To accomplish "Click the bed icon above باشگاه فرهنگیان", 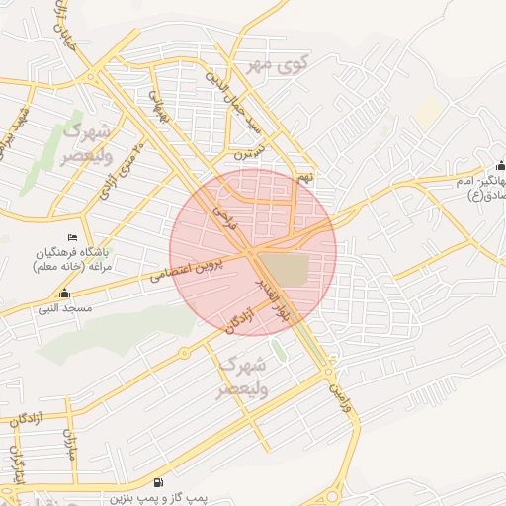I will coord(71,238).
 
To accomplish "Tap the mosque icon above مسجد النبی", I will coord(65,293).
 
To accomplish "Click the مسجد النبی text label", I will coord(65,308).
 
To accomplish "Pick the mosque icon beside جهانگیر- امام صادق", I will coord(500,164).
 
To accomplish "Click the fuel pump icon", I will coord(159,482).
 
